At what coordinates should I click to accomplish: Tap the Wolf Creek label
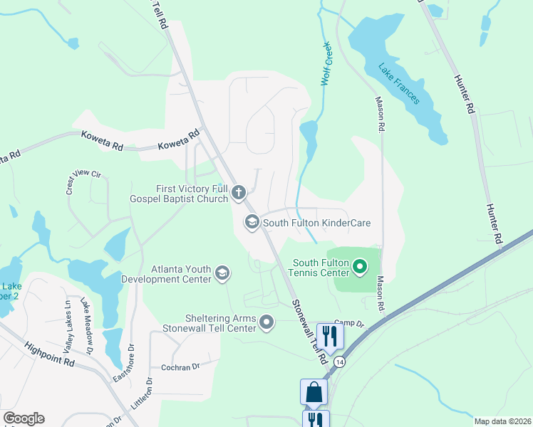[326, 65]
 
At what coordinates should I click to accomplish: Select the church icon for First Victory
[239, 192]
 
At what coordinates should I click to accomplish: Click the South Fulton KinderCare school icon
[252, 223]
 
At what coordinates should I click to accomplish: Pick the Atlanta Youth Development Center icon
[222, 273]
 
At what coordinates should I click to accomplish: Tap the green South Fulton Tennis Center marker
[360, 268]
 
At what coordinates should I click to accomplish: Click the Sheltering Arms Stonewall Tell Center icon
[267, 322]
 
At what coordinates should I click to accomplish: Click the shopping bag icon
[314, 392]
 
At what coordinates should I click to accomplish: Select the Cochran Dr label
[181, 366]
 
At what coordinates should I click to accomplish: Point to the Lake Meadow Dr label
[86, 326]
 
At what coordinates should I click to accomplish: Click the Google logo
[24, 418]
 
